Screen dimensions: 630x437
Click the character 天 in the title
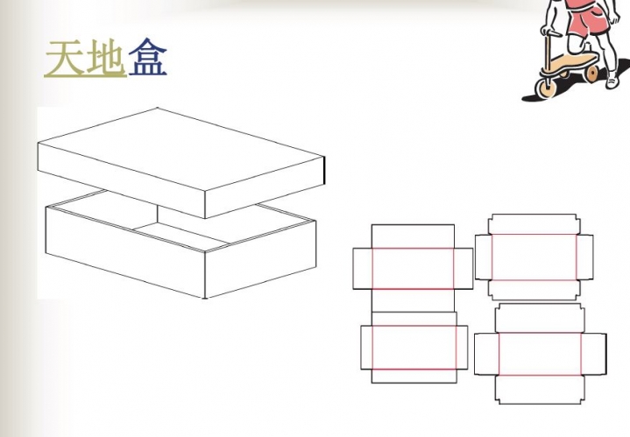(x=65, y=59)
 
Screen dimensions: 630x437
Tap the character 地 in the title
(x=105, y=59)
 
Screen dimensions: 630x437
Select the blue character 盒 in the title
(x=148, y=58)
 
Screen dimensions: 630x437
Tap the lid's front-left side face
(x=121, y=180)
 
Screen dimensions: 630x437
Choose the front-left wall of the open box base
(x=125, y=252)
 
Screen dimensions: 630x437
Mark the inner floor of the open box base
(x=181, y=235)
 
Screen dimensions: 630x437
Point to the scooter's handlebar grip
(x=552, y=32)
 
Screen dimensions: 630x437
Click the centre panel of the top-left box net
(x=413, y=268)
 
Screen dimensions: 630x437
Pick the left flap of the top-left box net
(x=363, y=268)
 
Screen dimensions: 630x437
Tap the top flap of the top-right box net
(x=534, y=224)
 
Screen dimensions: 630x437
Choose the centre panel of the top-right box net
(x=534, y=257)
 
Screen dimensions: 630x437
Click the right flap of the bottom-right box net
(x=594, y=355)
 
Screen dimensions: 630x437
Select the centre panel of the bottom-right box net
(x=540, y=355)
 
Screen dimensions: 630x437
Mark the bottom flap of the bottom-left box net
(x=414, y=376)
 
